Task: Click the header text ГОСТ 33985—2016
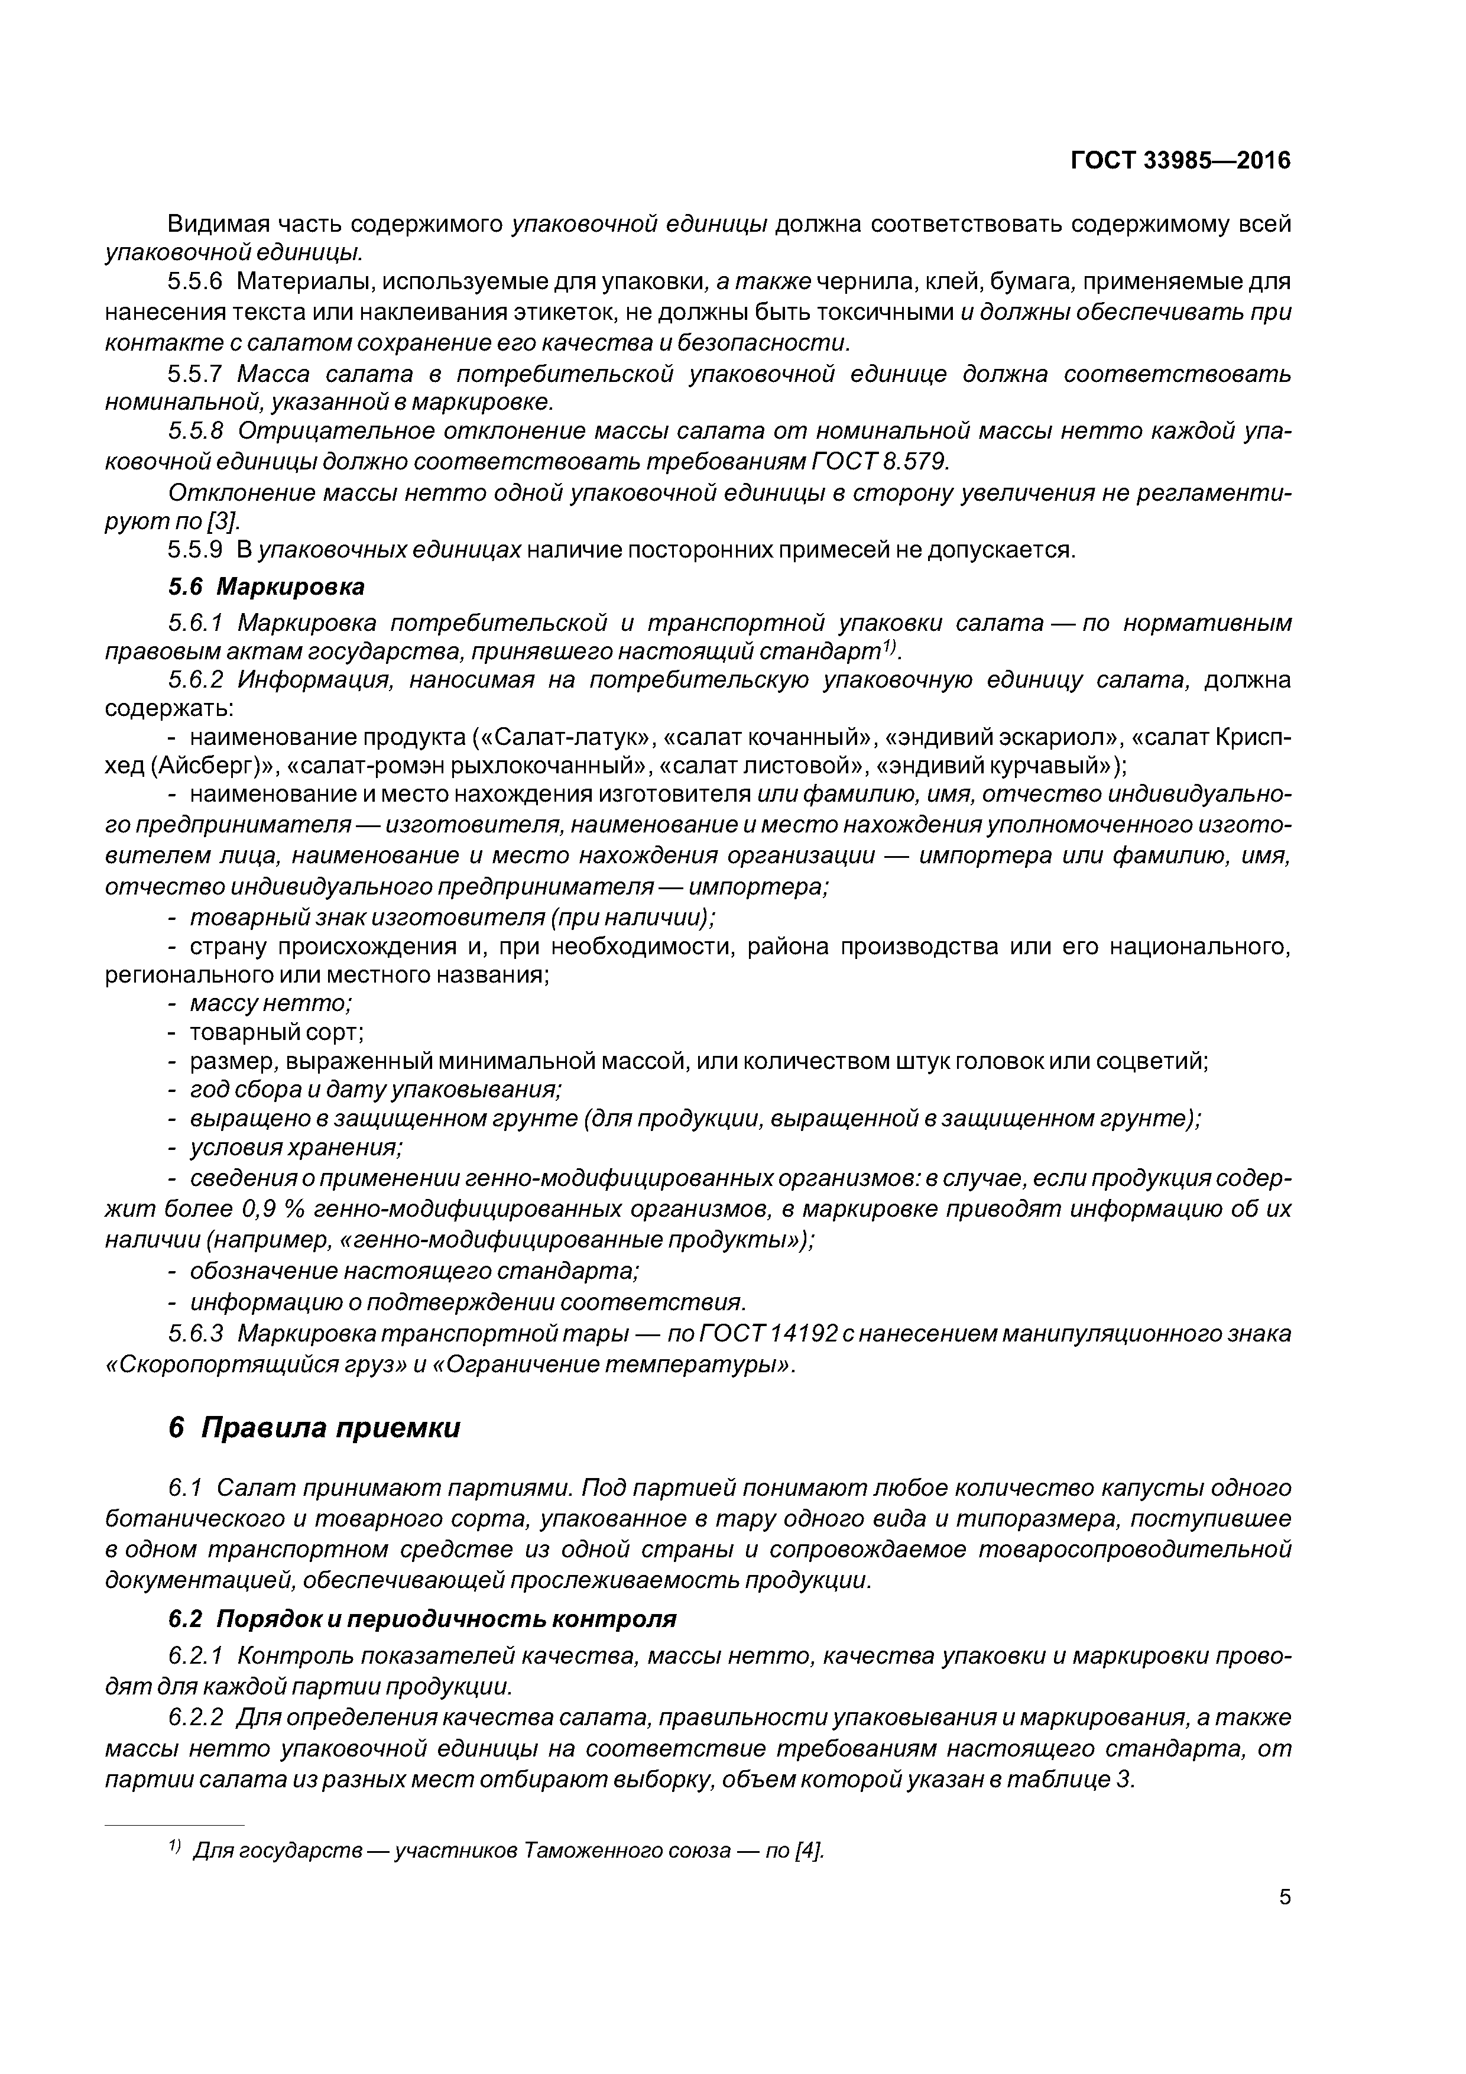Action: tap(1180, 161)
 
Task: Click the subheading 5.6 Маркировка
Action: tap(267, 587)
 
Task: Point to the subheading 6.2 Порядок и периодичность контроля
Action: tap(423, 1619)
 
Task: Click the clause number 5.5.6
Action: tap(194, 282)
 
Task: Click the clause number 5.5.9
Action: tap(194, 549)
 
